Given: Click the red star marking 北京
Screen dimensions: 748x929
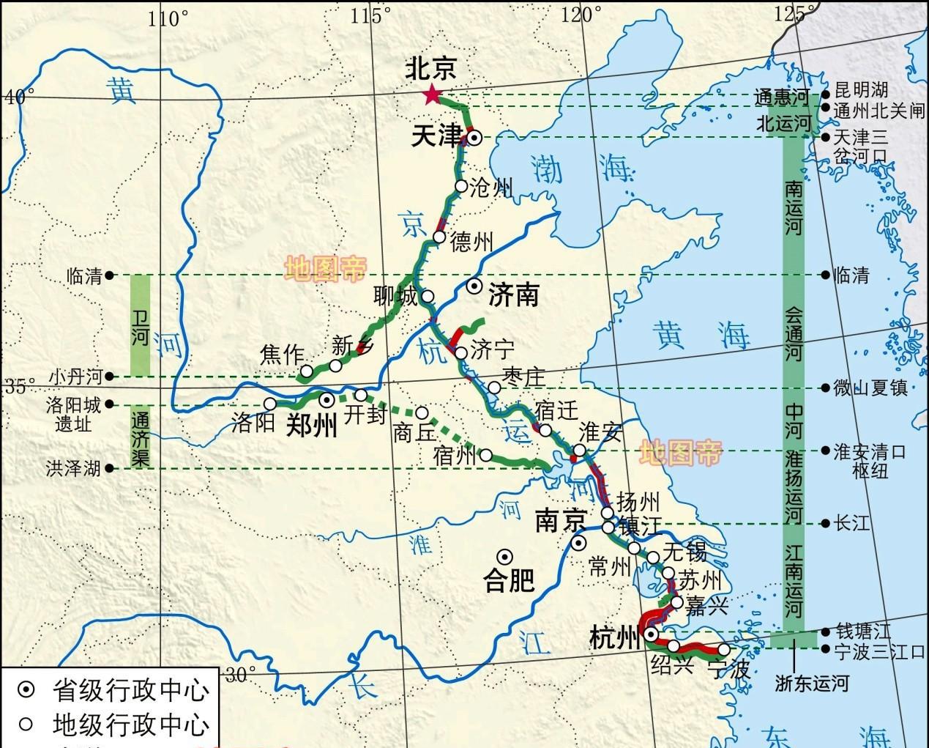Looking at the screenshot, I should coord(432,95).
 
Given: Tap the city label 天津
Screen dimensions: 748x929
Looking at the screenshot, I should coord(437,136).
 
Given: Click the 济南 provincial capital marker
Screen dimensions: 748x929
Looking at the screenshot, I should coord(475,286).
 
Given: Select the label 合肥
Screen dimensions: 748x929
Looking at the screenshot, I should coord(509,581).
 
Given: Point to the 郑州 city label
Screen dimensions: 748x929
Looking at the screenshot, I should coord(311,424).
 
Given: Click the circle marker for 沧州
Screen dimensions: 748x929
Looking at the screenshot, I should coord(461,186).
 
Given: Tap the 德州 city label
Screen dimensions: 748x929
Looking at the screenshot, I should coord(471,242).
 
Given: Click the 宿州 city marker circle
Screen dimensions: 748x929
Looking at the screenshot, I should coord(485,455).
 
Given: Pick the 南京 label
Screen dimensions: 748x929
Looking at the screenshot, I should coord(561,521).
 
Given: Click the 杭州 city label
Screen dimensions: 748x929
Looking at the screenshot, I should coord(613,639).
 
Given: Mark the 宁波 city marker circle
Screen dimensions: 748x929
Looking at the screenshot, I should coord(723,649).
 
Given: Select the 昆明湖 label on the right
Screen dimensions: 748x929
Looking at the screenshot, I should coord(861,91).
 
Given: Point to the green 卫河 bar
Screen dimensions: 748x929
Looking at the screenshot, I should coord(140,325).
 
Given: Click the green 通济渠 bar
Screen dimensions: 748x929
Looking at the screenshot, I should coord(140,437).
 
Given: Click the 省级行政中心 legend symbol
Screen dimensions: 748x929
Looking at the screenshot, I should coord(26,689).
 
